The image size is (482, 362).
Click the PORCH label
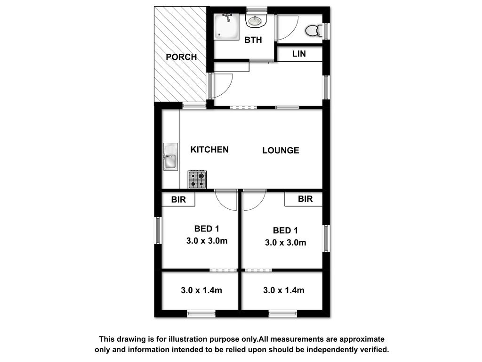click(x=181, y=57)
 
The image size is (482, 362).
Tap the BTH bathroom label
click(x=253, y=40)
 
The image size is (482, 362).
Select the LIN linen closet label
click(x=299, y=54)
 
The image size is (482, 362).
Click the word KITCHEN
click(x=209, y=149)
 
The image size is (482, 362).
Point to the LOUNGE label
click(x=281, y=150)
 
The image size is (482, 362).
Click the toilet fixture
click(x=313, y=30)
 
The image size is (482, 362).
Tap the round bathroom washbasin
click(x=255, y=21)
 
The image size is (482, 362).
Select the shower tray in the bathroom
click(x=226, y=27)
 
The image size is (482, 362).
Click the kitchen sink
click(x=170, y=156)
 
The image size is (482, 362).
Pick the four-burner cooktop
click(x=197, y=180)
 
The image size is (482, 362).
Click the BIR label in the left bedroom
click(x=178, y=200)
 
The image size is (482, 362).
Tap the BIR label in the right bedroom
click(x=305, y=199)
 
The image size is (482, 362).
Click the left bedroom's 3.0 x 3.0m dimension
click(x=207, y=241)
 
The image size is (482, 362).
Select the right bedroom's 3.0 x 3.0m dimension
click(x=286, y=243)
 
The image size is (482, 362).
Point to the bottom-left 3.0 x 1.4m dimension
click(x=201, y=290)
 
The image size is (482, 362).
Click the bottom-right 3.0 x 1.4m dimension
click(x=284, y=290)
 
